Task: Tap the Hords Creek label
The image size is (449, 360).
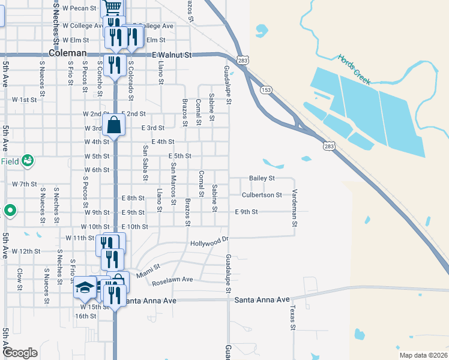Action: click(354, 69)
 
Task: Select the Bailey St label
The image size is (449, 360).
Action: click(262, 178)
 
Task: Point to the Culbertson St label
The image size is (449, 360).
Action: click(262, 195)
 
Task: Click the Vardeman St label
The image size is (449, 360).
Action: click(295, 208)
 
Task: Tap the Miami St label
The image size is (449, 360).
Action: click(148, 271)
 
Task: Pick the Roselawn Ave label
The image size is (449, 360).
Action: click(172, 280)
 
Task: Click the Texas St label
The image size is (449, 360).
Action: click(293, 317)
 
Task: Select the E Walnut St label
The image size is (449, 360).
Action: click(171, 55)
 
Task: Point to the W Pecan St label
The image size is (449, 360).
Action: click(79, 8)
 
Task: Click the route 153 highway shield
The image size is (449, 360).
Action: click(267, 89)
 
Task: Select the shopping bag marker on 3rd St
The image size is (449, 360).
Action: click(114, 125)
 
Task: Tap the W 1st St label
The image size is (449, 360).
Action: click(24, 100)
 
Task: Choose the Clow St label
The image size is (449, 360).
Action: click(19, 277)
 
